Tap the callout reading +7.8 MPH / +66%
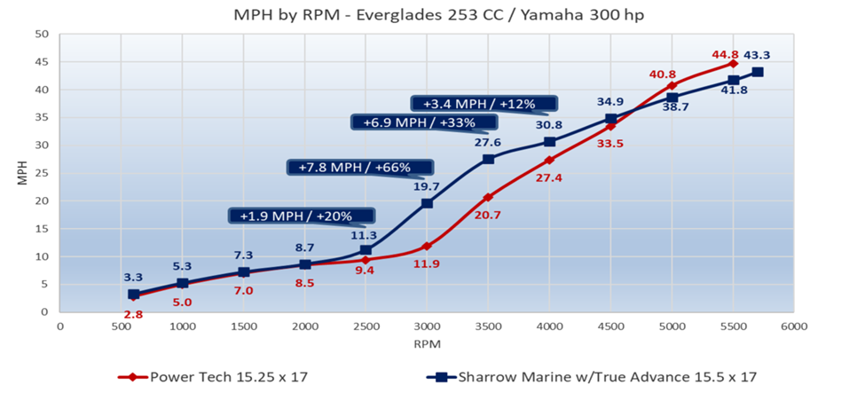(x=359, y=167)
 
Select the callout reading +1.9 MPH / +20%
(x=301, y=216)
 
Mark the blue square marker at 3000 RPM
(x=427, y=203)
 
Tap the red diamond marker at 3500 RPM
(x=488, y=197)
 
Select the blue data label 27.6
(x=488, y=142)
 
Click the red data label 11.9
(x=428, y=263)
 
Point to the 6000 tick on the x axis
(x=793, y=326)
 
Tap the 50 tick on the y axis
(x=42, y=35)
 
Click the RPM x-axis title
(x=426, y=342)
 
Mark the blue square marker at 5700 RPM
(x=758, y=72)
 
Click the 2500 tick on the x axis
(x=366, y=326)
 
